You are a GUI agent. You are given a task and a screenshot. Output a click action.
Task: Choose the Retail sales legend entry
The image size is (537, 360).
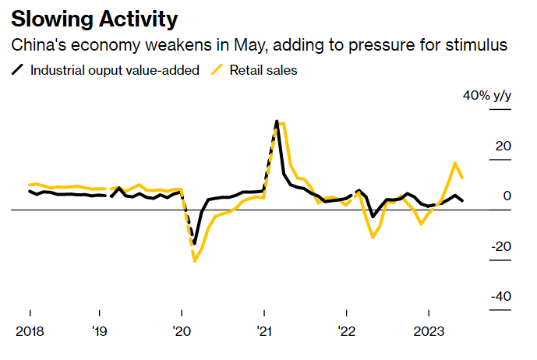coord(263,70)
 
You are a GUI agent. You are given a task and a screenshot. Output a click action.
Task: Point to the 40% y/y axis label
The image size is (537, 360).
coord(487,96)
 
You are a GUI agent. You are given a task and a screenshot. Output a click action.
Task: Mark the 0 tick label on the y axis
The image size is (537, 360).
coord(507,196)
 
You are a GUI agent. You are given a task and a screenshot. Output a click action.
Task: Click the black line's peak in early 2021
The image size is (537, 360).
coord(277,122)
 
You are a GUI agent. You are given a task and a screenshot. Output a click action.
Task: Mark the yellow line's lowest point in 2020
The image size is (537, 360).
coord(194,260)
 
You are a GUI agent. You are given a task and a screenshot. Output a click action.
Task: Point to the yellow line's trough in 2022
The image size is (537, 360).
coord(373,237)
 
